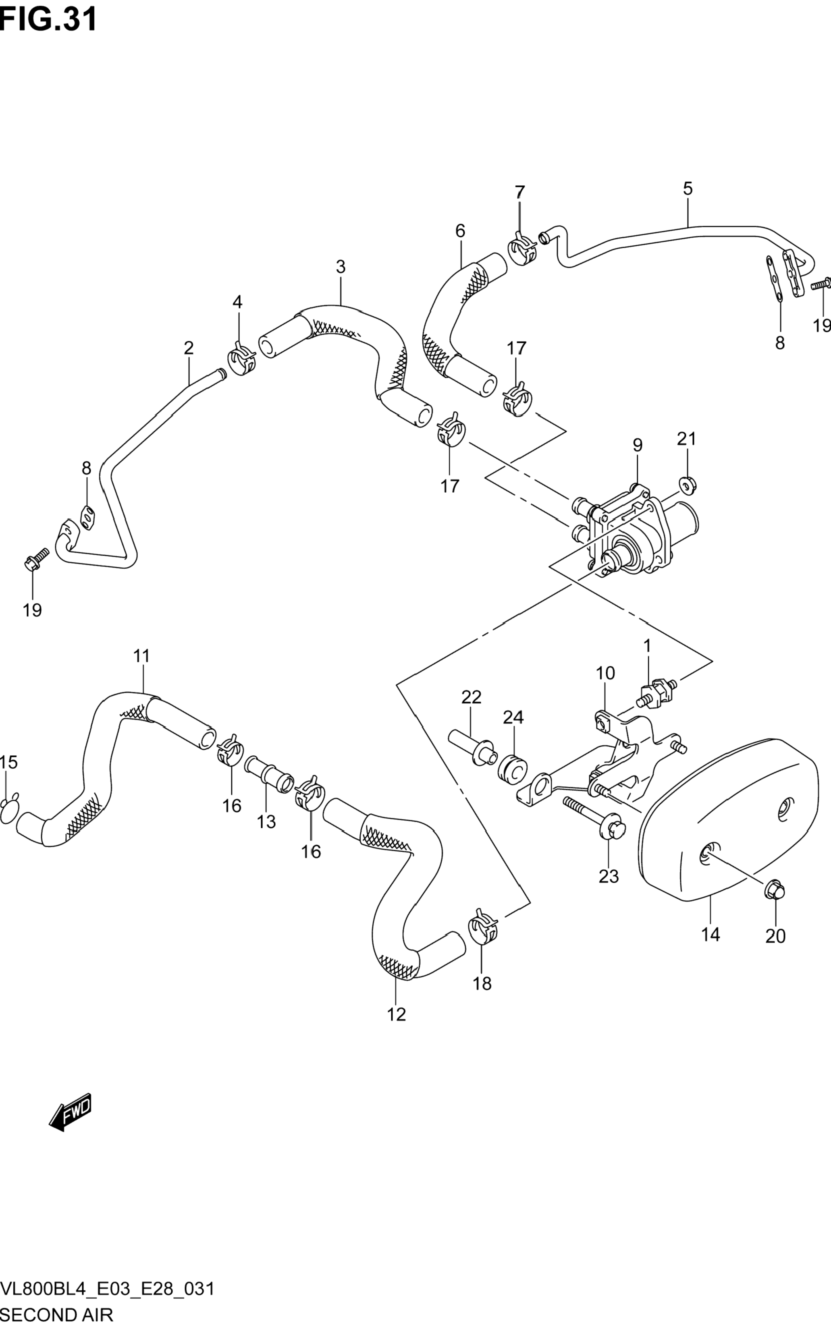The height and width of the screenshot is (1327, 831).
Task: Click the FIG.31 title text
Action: click(x=48, y=20)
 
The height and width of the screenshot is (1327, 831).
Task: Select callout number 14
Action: click(x=710, y=934)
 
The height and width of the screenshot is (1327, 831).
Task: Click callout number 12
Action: click(x=396, y=1014)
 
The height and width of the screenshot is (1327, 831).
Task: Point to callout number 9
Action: click(x=637, y=445)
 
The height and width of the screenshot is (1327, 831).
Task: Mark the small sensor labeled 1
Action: click(x=657, y=694)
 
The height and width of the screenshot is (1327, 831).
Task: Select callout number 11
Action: click(x=141, y=656)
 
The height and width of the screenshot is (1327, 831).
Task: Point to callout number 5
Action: click(x=688, y=189)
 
